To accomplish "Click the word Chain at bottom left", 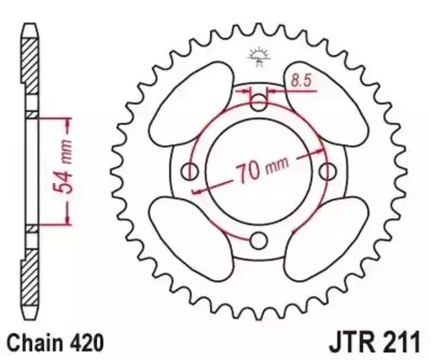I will click(x=34, y=342).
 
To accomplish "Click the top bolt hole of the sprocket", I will click(x=260, y=99).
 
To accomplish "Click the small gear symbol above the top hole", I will click(x=260, y=56).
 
